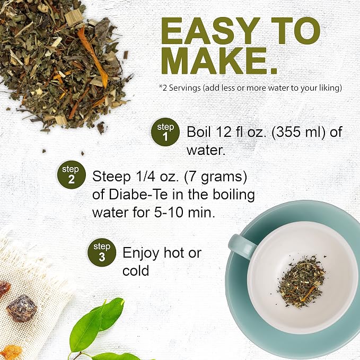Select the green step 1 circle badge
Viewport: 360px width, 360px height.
coord(165,132)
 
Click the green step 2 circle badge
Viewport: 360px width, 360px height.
coord(72,174)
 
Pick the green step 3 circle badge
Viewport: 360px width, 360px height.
coord(102,252)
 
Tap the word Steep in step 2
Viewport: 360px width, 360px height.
coord(111,177)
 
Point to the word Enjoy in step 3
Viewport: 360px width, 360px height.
coord(141,253)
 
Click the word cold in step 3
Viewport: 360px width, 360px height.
coord(136,270)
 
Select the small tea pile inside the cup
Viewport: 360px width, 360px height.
coord(301,280)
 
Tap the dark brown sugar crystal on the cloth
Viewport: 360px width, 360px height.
coord(21,309)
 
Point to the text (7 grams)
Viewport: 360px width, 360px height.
coord(216,177)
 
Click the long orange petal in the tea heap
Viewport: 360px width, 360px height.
coord(93,57)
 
